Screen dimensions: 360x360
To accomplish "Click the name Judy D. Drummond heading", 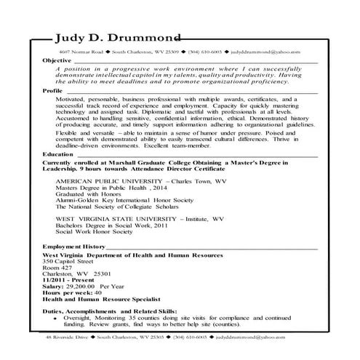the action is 114,39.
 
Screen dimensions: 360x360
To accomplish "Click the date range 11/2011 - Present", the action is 69,279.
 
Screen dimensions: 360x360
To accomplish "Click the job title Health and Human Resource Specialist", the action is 105,299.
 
